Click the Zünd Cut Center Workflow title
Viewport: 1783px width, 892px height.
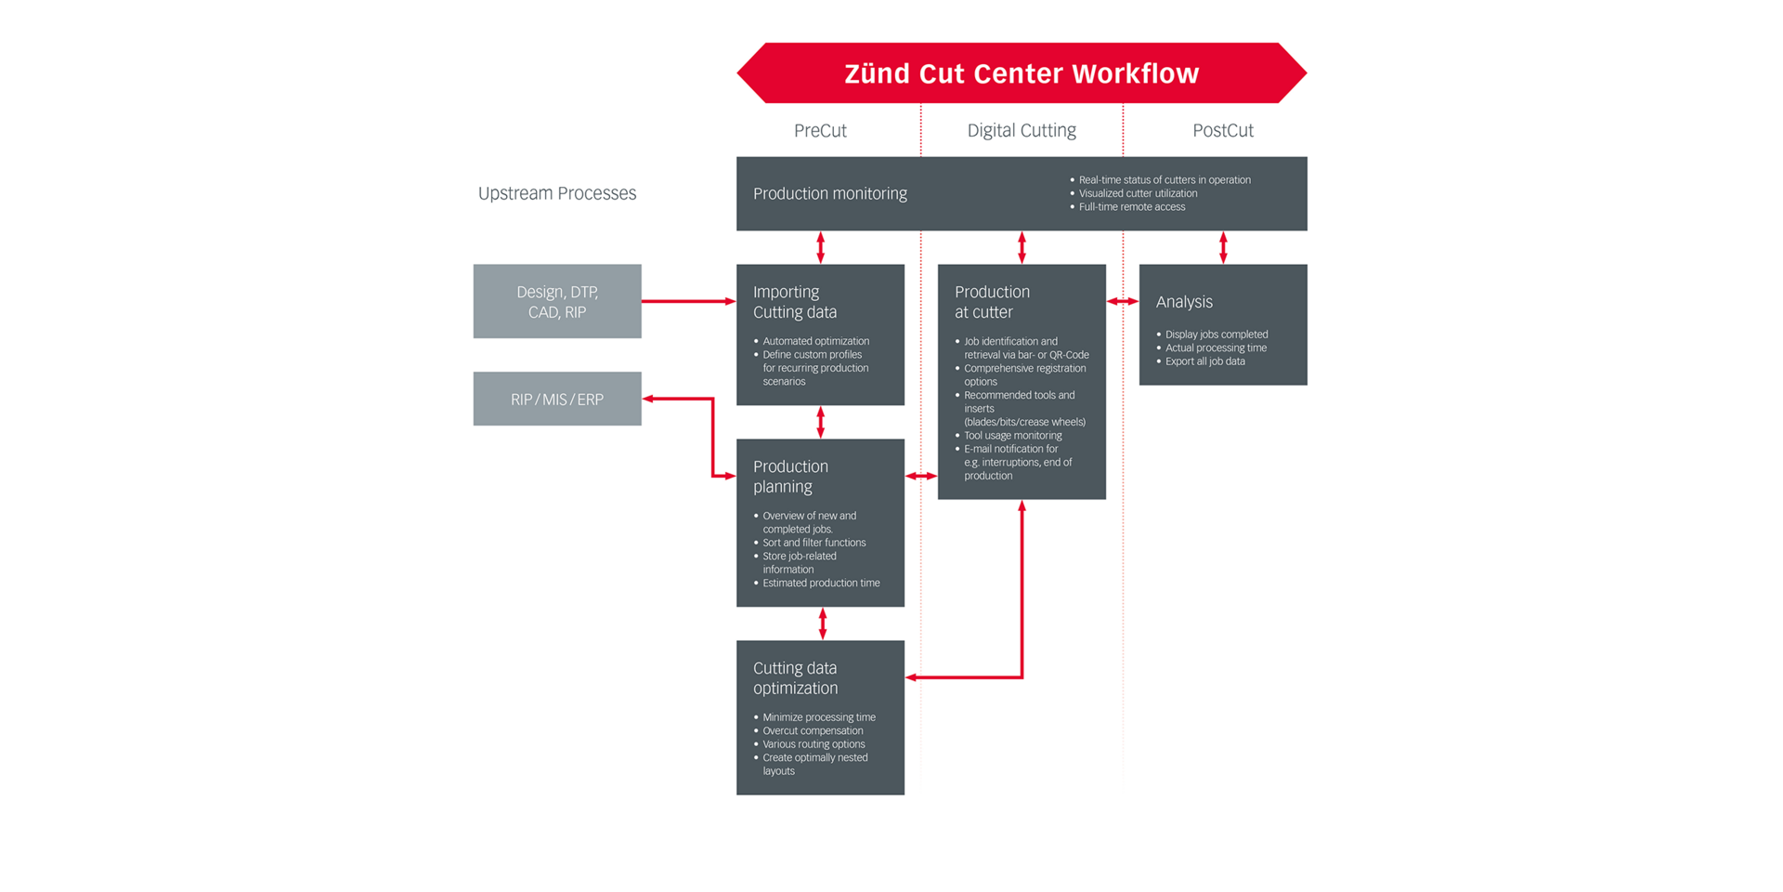point(1022,73)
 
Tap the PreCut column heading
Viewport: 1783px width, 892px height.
point(820,131)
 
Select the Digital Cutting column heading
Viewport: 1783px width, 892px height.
point(1022,131)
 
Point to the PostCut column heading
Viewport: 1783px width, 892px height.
point(1222,131)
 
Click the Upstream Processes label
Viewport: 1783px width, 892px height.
point(557,193)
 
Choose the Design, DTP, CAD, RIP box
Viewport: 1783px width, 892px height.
point(557,301)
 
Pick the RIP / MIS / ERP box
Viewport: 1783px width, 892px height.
point(557,400)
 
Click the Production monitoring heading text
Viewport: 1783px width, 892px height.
point(830,193)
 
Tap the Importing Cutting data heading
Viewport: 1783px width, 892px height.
point(795,302)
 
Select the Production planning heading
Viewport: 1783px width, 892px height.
point(790,477)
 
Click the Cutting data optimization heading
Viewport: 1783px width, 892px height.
point(796,678)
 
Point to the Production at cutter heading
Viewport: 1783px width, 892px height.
point(992,302)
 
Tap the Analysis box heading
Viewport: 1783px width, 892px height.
point(1184,302)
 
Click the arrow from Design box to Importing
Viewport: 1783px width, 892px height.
point(688,301)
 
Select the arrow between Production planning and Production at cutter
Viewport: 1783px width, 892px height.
point(921,476)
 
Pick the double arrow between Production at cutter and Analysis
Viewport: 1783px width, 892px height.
point(1123,301)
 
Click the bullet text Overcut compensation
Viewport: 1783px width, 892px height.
point(813,730)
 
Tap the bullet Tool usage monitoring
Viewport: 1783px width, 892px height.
point(1012,435)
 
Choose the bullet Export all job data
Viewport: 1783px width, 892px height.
point(1204,361)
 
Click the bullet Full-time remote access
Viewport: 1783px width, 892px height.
point(1132,207)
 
